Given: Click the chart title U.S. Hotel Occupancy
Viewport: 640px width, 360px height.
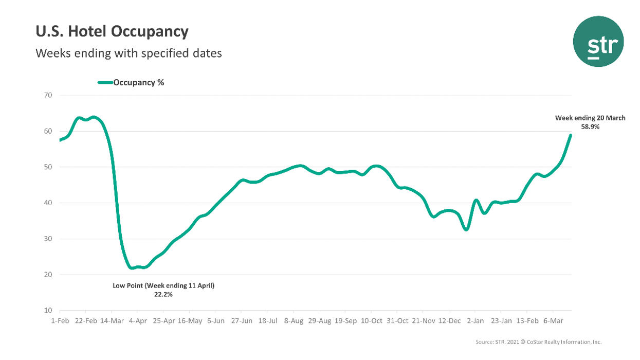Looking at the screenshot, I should click(x=112, y=32).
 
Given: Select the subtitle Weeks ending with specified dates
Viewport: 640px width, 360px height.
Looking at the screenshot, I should click(x=129, y=53).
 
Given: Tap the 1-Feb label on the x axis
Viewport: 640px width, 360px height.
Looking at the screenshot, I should click(x=60, y=320).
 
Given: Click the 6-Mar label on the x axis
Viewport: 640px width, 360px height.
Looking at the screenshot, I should click(x=553, y=320).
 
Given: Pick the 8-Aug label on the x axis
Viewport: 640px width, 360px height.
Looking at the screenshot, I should click(x=293, y=320).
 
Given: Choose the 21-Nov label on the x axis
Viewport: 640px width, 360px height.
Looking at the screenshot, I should click(x=423, y=320).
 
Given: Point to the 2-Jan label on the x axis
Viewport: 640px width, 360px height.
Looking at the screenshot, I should click(x=474, y=320).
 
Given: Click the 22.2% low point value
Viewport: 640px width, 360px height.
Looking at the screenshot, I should click(x=163, y=295).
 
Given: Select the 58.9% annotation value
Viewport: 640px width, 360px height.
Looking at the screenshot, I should click(x=590, y=127).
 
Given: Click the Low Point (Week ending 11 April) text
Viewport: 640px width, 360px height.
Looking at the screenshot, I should click(x=163, y=285).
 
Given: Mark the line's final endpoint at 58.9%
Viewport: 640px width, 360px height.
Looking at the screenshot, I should click(x=570, y=135).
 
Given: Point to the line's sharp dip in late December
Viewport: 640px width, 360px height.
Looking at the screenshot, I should click(x=466, y=229).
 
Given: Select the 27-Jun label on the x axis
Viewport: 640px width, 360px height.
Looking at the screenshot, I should click(x=241, y=320).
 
